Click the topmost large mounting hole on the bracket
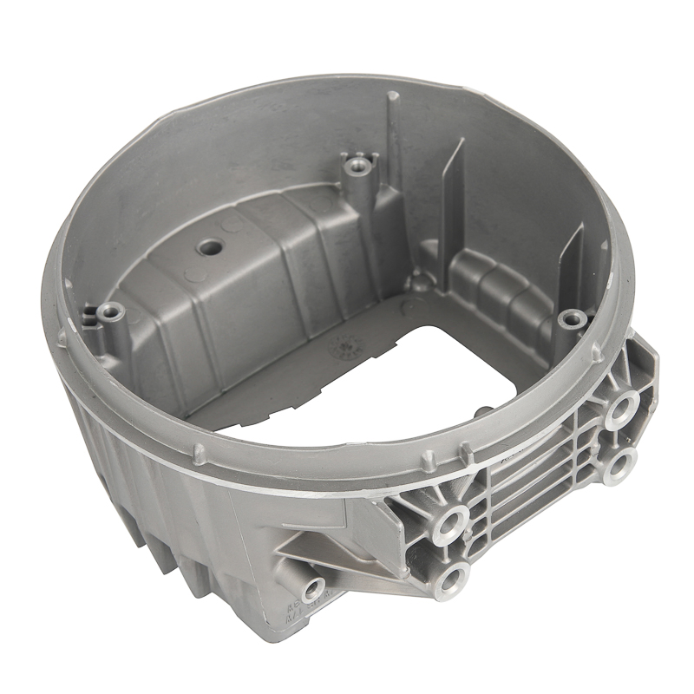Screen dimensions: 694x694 (621, 408)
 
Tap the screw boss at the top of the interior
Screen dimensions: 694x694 (357, 162)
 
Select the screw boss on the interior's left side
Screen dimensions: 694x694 (110, 311)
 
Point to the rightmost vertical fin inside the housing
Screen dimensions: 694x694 (573, 256)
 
